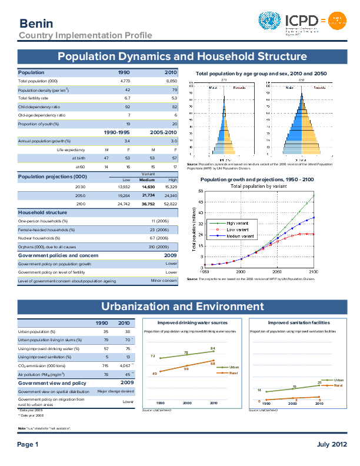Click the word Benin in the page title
(x=36, y=24)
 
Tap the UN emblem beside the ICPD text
(x=270, y=22)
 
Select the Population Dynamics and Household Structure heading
(x=182, y=56)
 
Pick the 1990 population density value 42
(x=127, y=89)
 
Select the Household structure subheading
(x=42, y=212)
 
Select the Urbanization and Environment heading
(x=182, y=307)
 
